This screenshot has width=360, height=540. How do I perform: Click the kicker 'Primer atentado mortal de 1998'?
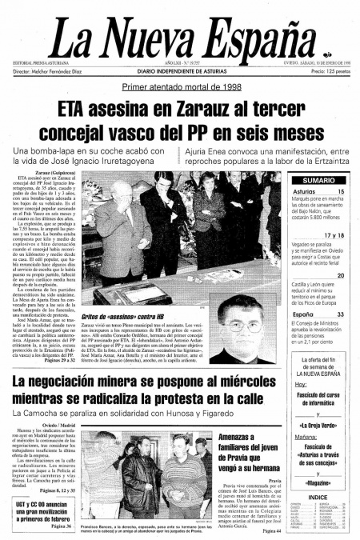point(180,88)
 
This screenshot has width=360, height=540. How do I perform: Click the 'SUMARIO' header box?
point(318,181)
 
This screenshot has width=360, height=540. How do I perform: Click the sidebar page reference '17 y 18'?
point(334,235)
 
